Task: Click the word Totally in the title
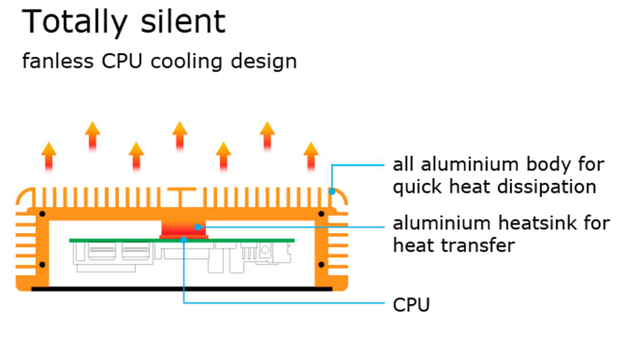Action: click(67, 22)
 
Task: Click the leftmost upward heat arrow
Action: click(48, 155)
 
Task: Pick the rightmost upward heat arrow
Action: click(311, 155)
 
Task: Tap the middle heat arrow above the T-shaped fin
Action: click(179, 135)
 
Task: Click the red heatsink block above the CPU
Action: click(184, 228)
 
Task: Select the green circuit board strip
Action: click(122, 240)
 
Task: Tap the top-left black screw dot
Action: click(42, 214)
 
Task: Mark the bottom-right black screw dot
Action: click(321, 265)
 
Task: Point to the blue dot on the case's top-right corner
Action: click(331, 191)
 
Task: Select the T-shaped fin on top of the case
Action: click(179, 197)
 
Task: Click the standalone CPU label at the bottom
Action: click(411, 304)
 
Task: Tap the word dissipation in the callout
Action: click(551, 187)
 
